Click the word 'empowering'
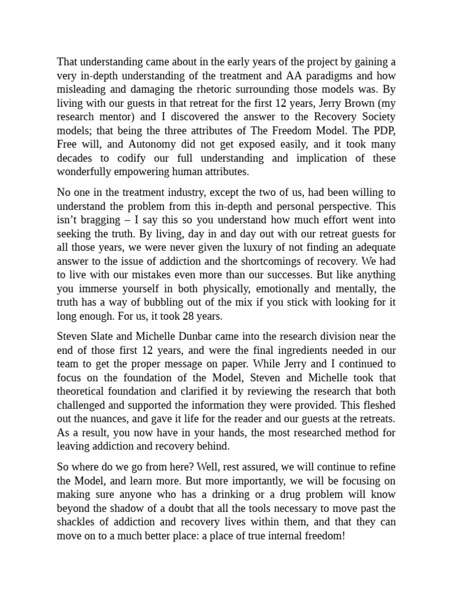(x=137, y=172)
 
